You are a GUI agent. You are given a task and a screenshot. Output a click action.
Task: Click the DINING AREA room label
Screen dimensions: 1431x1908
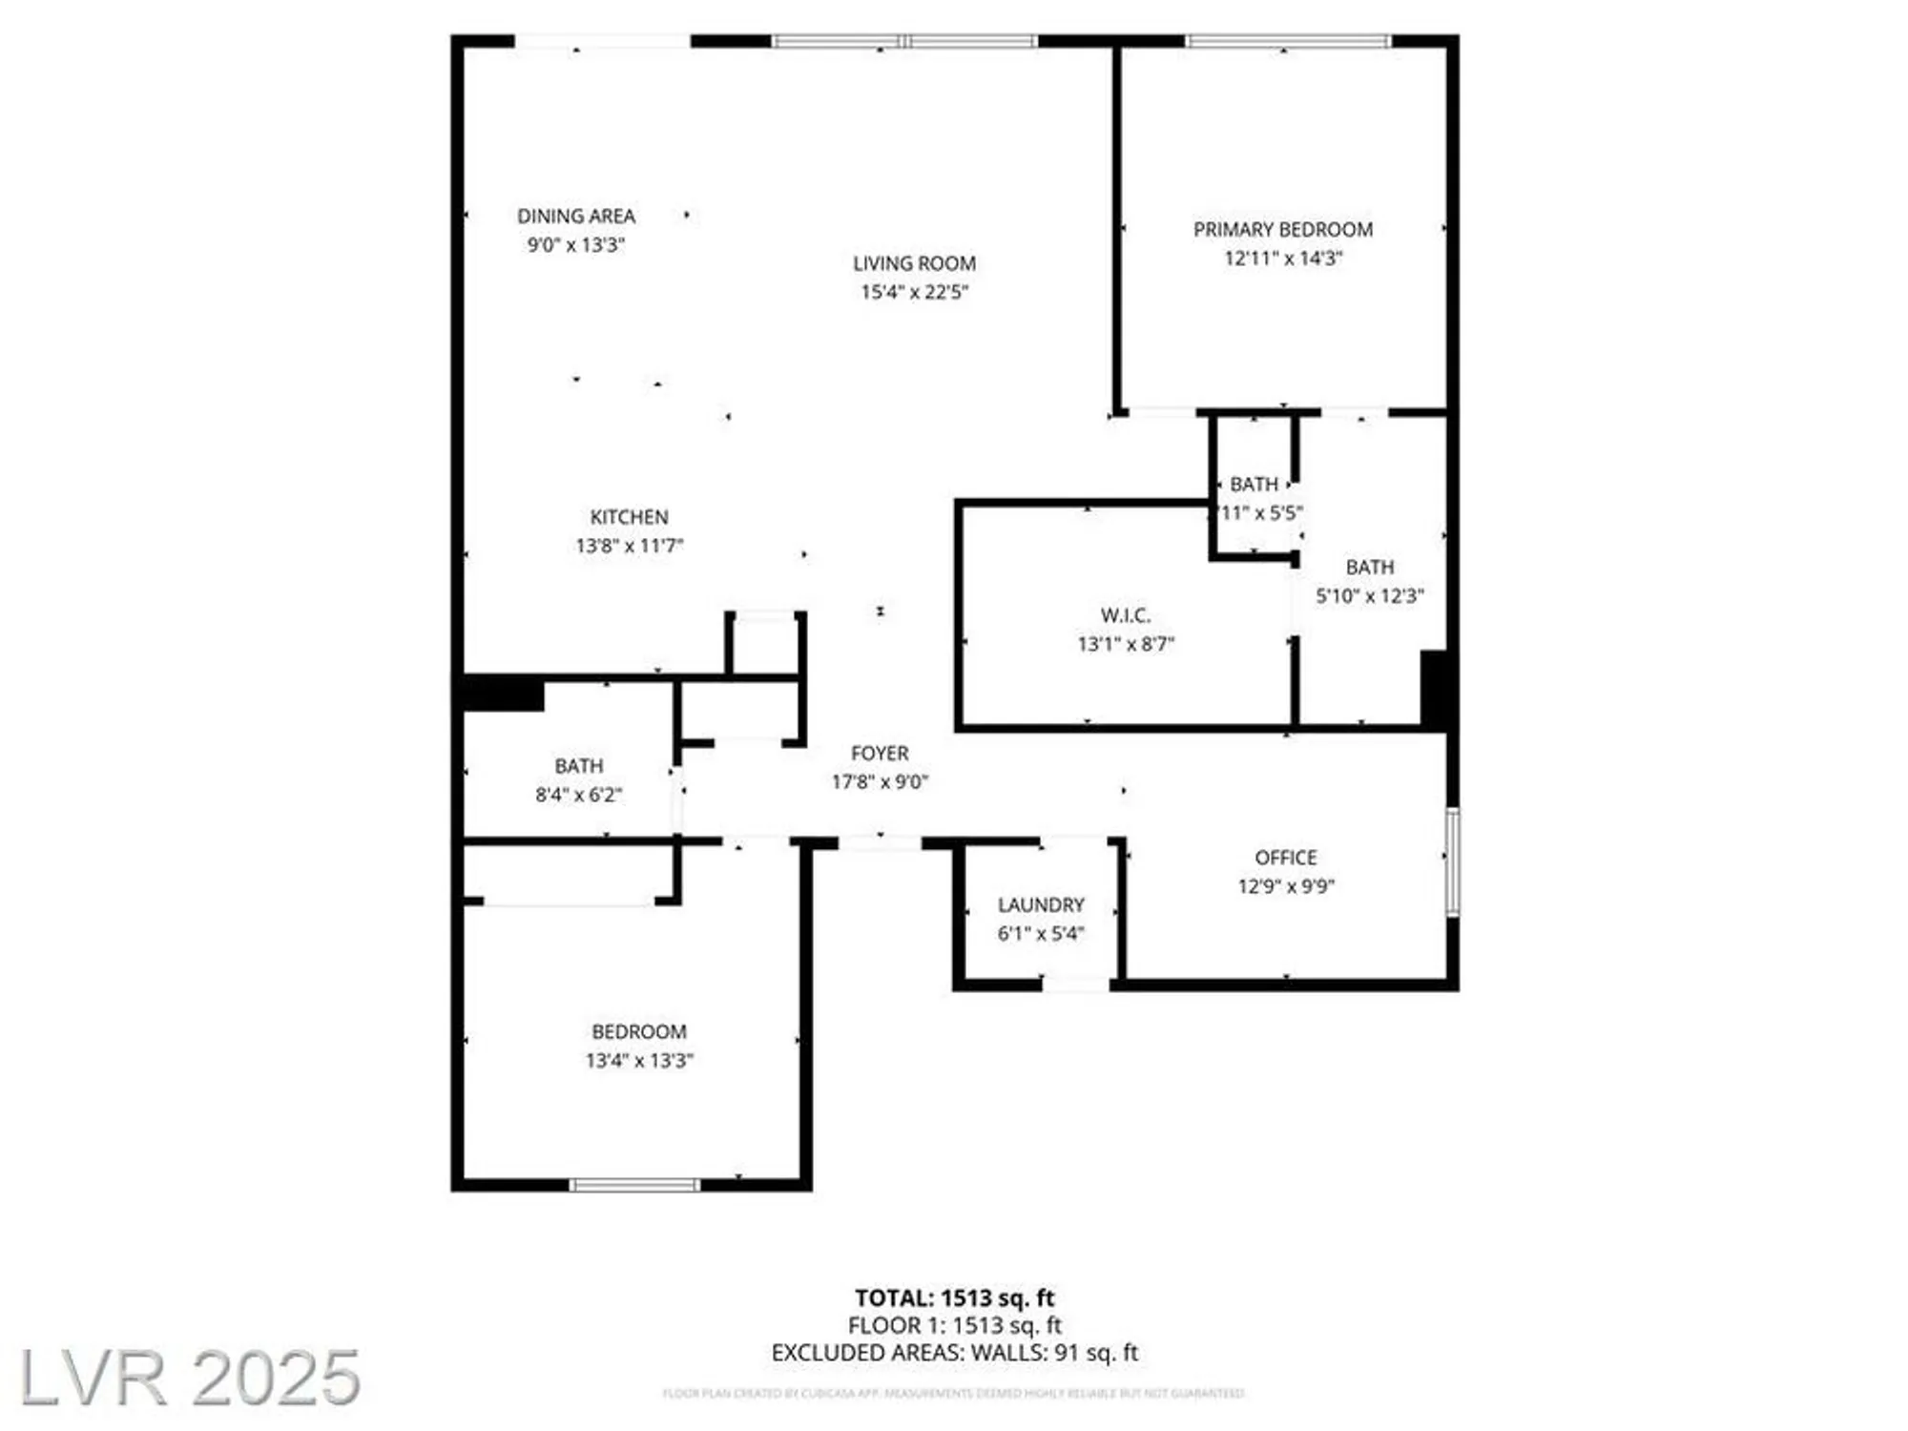[x=576, y=217]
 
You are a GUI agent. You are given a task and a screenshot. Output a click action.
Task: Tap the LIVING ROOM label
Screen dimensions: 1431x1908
[x=914, y=263]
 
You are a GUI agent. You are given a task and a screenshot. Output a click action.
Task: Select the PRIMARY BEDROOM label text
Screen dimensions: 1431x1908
[x=1283, y=230]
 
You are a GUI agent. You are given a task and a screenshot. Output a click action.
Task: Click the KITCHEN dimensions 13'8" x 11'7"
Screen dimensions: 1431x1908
[x=630, y=546]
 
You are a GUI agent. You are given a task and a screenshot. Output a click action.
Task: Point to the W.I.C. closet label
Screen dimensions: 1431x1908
[x=1126, y=615]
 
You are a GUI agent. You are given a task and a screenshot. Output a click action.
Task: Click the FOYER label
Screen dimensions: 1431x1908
[x=880, y=754]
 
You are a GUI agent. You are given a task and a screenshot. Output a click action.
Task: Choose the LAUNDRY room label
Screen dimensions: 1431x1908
[x=1041, y=904]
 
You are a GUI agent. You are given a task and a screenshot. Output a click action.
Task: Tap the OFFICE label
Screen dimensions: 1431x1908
[x=1286, y=858]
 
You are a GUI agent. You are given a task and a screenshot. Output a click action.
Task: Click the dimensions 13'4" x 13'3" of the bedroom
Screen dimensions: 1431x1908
[x=639, y=1060]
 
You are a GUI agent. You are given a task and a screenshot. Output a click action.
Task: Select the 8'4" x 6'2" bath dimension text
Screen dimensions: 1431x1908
[x=578, y=795]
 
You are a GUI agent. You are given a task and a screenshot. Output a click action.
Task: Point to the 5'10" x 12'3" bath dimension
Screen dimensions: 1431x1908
[x=1370, y=596]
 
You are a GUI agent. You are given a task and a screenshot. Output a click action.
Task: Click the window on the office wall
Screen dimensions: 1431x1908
[x=1452, y=861]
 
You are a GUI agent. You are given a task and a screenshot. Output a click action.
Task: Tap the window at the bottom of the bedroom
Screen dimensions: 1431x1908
[x=635, y=1185]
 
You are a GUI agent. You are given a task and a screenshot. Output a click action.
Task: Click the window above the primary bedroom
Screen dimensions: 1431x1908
[x=1288, y=41]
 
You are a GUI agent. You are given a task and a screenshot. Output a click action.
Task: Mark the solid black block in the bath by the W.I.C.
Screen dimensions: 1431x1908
[x=1434, y=689]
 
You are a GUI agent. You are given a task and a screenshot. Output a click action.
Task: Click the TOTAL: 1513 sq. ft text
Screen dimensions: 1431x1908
[x=954, y=1297]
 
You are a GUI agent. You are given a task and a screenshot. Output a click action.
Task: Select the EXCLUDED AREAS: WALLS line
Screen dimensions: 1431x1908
[x=954, y=1353]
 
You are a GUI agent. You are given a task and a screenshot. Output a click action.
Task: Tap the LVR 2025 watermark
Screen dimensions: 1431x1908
[x=190, y=1378]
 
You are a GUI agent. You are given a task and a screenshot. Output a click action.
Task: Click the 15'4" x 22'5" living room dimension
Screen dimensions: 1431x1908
[x=914, y=292]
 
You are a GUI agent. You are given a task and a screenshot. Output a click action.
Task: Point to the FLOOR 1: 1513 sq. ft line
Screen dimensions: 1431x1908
[x=954, y=1325]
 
